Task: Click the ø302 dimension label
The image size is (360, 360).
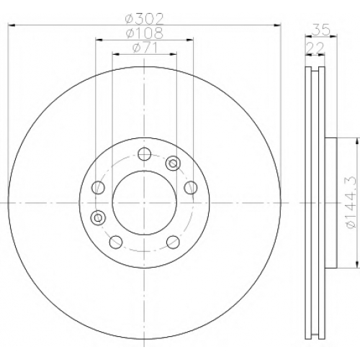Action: click(x=144, y=19)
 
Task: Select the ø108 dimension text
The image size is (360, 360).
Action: click(x=144, y=33)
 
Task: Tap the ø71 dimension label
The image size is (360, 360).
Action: click(x=145, y=48)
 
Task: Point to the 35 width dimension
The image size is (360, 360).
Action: click(x=321, y=30)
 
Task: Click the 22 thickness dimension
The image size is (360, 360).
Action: click(x=315, y=48)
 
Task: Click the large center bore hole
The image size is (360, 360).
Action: click(x=145, y=203)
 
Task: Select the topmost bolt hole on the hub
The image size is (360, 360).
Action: click(x=145, y=154)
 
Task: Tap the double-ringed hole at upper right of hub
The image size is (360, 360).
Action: click(x=173, y=163)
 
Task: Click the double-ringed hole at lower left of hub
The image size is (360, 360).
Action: click(x=98, y=217)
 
